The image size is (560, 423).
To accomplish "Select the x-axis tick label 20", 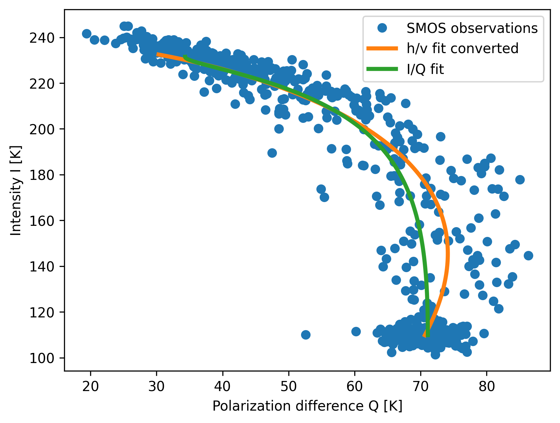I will point(90,386).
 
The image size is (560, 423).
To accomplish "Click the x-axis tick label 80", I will point(487,386).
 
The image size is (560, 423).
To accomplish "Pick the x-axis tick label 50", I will point(289,386).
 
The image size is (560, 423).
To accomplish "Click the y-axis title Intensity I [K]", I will point(16,190).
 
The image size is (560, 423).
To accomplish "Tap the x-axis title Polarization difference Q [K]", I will point(307,406).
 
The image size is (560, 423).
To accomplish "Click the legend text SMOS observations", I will point(472,28).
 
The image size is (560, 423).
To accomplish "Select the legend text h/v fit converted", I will point(462,49).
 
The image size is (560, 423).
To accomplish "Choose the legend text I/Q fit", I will point(425,69).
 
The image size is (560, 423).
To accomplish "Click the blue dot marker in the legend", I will point(382,28).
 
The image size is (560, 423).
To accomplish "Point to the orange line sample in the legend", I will point(382,49).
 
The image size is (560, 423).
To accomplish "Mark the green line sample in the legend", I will point(382,69).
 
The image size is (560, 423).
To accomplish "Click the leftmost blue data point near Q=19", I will point(87,34).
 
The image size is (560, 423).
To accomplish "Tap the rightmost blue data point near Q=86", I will point(528,255).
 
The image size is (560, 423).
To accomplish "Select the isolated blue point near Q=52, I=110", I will point(306,335).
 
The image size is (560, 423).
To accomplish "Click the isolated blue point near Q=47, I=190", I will point(272,153).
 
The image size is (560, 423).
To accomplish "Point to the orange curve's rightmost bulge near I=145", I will point(448,254).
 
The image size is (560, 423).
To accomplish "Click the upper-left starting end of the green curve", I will point(185,57).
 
